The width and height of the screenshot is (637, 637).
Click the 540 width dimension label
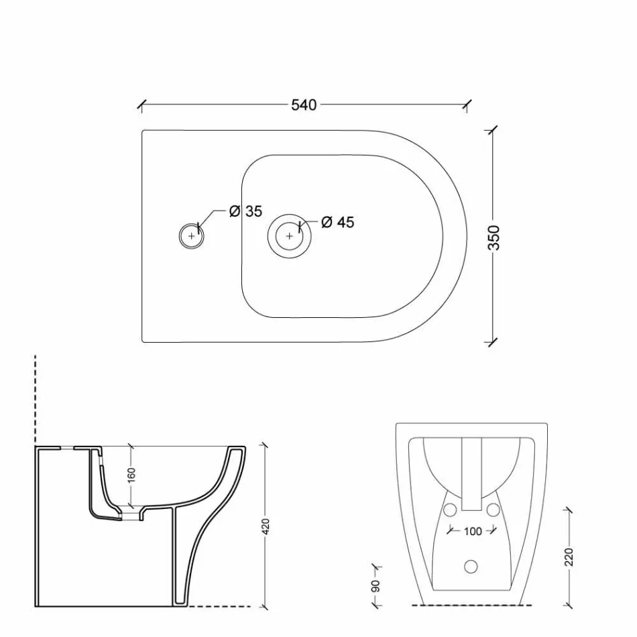304,105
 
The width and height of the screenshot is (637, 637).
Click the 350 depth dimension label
494,237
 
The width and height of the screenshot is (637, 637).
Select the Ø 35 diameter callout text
245,211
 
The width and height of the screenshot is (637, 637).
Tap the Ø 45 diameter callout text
337,222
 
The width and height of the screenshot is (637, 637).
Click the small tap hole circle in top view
192,235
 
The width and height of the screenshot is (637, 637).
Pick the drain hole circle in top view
289,235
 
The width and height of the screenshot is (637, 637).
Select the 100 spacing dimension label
472,531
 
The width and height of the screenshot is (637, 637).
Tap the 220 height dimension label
569,557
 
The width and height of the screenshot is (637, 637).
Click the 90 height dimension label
376,585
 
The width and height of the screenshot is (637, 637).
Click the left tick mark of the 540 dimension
141,105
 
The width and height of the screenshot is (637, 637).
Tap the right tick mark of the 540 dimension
467,105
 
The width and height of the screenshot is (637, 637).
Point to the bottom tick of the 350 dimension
494,342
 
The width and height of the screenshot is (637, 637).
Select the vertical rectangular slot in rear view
472,473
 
